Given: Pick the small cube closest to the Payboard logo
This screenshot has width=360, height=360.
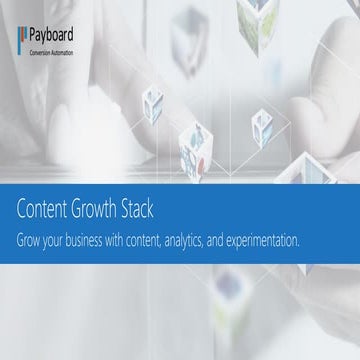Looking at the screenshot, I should tap(153, 101).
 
